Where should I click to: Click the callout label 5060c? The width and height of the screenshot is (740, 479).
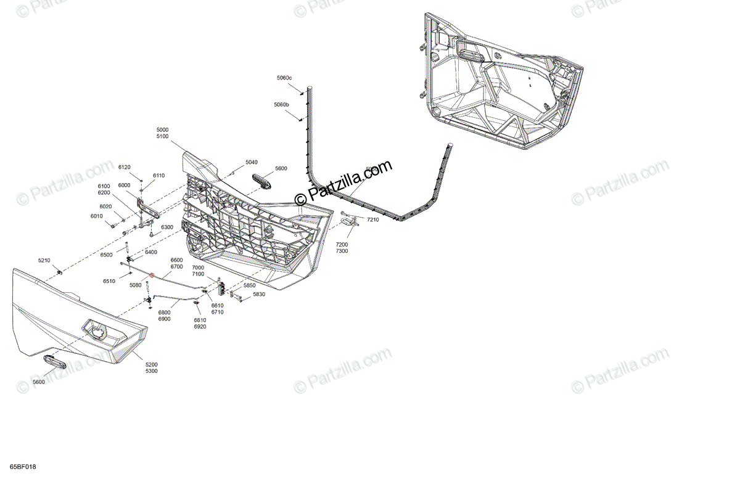pos(284,78)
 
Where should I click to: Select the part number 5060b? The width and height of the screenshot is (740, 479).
pos(281,105)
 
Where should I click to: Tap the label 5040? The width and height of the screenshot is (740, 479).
pos(251,162)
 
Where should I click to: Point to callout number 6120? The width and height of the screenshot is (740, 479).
pos(125,167)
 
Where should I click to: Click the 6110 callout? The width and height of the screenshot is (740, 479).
pos(158,176)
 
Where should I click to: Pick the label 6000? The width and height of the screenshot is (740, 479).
pos(124,186)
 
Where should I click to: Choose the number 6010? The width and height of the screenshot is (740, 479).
pos(96,216)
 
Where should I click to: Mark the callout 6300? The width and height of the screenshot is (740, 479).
pos(167,227)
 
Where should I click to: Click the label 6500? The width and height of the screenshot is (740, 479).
pos(106,255)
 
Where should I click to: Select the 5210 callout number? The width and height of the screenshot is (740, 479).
pos(44,261)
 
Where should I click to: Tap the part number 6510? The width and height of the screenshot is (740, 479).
pos(109,281)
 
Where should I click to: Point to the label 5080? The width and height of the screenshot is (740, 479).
pos(136,285)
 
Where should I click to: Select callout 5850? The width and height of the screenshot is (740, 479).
pos(249,285)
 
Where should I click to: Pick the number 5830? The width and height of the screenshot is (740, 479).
pos(258,294)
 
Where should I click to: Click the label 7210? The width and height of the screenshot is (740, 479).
pos(374,219)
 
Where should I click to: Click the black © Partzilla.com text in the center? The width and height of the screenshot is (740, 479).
pos(343,182)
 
